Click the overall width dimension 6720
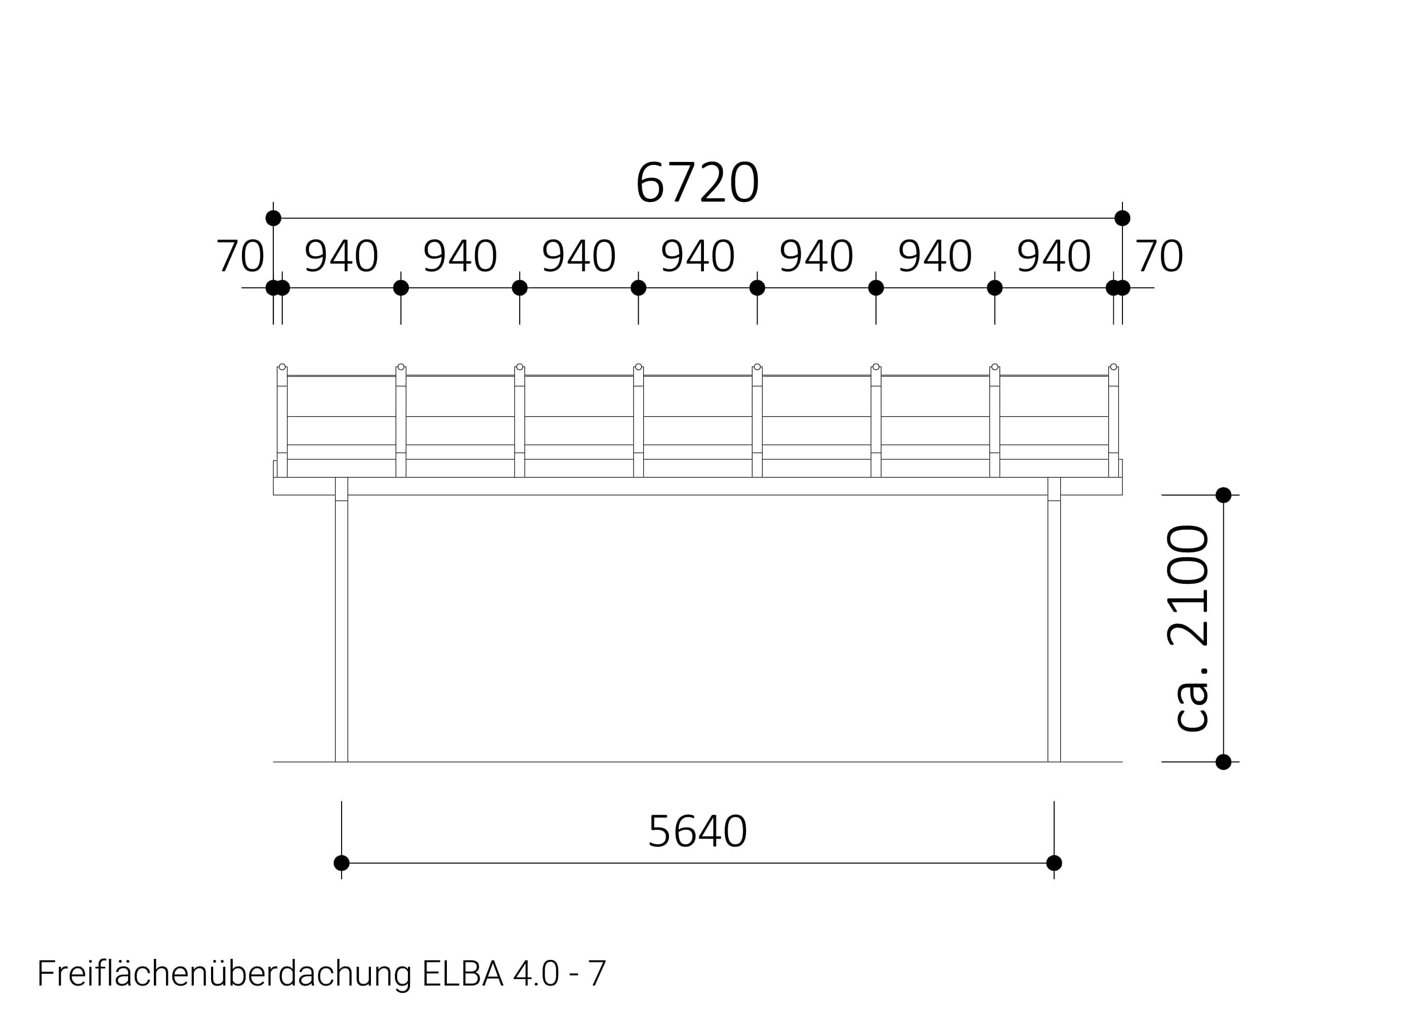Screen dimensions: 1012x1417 pyautogui.click(x=697, y=183)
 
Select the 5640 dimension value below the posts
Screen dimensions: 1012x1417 pyautogui.click(x=697, y=832)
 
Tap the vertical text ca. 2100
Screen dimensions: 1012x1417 pyautogui.click(x=1188, y=627)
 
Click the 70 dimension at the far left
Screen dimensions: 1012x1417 pyautogui.click(x=240, y=256)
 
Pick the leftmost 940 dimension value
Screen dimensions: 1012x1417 pyautogui.click(x=341, y=256)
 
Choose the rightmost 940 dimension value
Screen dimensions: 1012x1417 pyautogui.click(x=1053, y=256)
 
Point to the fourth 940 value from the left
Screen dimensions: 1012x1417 pyautogui.click(x=697, y=256)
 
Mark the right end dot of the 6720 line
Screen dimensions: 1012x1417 pyautogui.click(x=1122, y=218)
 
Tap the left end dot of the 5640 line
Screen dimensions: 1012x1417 pyautogui.click(x=342, y=863)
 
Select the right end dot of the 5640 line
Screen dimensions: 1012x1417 pyautogui.click(x=1054, y=863)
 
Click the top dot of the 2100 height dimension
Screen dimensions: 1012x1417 pyautogui.click(x=1223, y=495)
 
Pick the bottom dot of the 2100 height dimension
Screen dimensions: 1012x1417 pyautogui.click(x=1223, y=762)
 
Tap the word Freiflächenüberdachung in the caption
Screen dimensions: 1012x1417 pyautogui.click(x=224, y=974)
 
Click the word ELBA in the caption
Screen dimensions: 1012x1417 pyautogui.click(x=463, y=974)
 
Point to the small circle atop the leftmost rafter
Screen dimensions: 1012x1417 pyautogui.click(x=282, y=367)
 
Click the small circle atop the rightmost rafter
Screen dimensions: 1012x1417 pyautogui.click(x=1113, y=367)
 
